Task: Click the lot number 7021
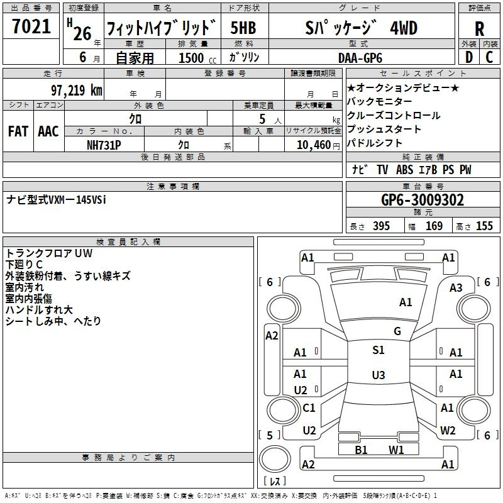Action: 31,26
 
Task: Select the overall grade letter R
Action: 479,28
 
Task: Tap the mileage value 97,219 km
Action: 77,91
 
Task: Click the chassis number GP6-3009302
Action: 423,200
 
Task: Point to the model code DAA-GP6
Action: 360,58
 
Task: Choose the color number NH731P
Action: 104,145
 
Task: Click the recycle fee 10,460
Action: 314,145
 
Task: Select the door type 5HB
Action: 243,28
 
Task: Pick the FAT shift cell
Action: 18,131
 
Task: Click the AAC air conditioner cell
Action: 48,131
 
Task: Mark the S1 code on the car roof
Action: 379,350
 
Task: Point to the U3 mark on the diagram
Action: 379,375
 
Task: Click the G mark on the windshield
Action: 397,331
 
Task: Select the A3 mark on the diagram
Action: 456,288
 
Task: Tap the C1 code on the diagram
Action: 309,407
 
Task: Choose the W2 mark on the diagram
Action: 448,431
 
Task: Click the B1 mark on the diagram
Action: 361,450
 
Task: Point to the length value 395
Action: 381,226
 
